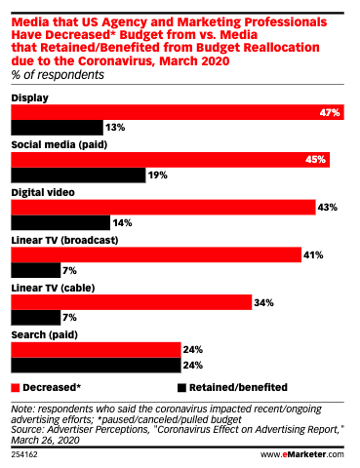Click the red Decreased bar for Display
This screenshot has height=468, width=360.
176,113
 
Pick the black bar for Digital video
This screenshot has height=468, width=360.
58,222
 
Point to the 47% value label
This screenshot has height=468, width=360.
329,113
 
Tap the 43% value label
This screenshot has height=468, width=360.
329,207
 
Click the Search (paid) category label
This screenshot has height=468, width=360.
45,333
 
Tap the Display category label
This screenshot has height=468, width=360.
30,98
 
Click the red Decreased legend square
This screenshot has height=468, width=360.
15,385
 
